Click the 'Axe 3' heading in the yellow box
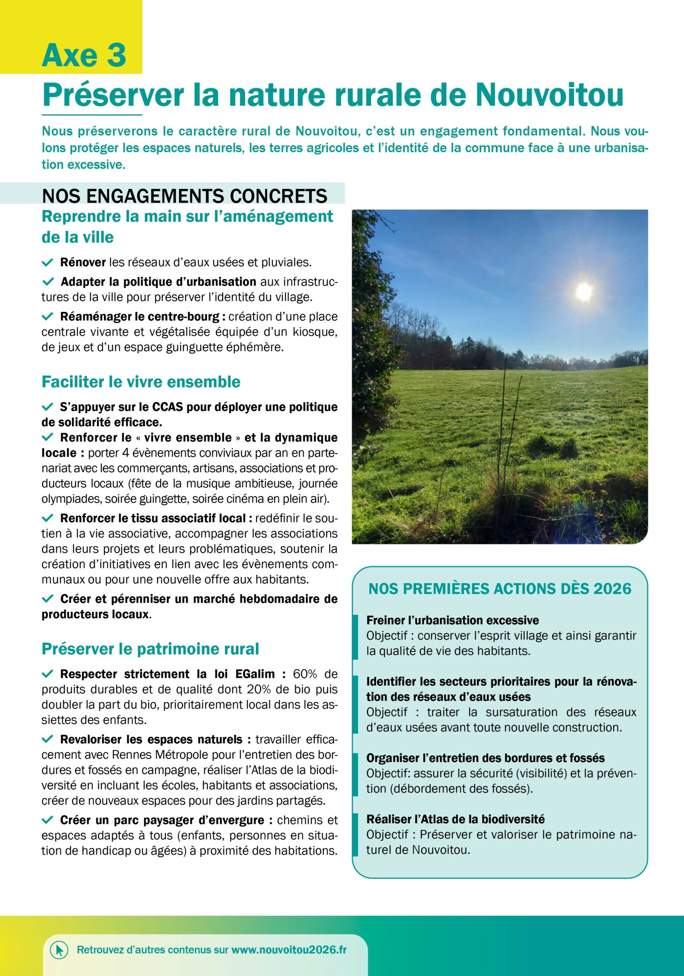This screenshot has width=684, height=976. (x=84, y=56)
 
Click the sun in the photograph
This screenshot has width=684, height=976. (x=583, y=291)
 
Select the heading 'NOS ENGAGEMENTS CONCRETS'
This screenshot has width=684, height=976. (x=185, y=196)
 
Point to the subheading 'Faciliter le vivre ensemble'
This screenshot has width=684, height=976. (x=141, y=382)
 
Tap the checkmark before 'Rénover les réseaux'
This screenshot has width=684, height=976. (x=47, y=262)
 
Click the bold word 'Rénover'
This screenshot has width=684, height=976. (x=83, y=262)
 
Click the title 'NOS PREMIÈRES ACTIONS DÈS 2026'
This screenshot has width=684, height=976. (x=499, y=589)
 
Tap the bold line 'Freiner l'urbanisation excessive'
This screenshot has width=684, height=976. (x=452, y=620)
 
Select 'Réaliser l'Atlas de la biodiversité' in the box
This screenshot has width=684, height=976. (x=455, y=819)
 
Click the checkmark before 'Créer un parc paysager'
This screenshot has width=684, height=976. (x=47, y=820)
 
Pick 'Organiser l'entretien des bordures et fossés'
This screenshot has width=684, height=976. (x=485, y=758)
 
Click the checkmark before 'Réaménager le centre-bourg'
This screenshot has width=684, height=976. (x=47, y=317)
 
